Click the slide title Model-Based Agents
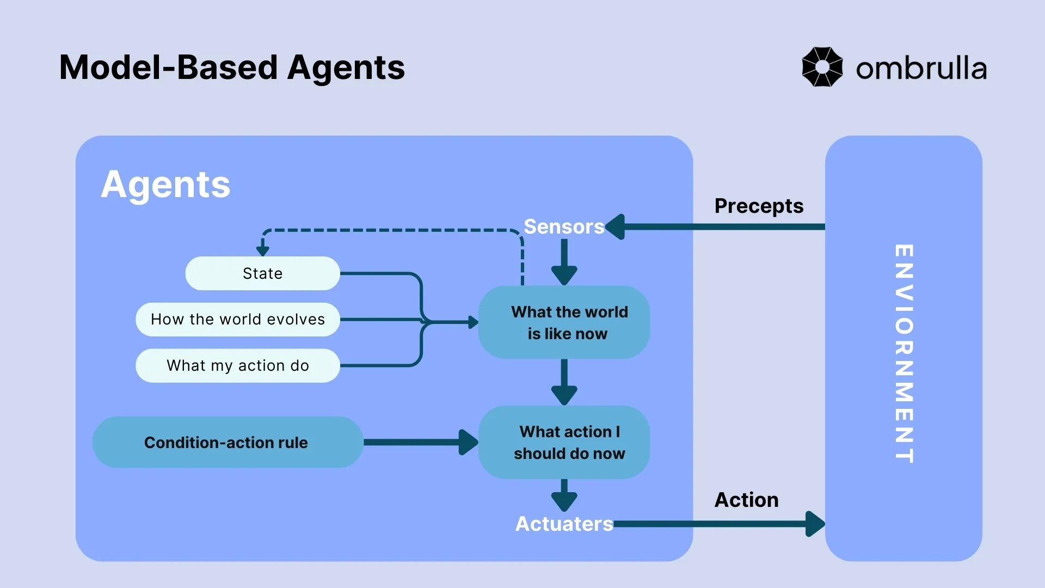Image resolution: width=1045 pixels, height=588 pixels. click(x=232, y=68)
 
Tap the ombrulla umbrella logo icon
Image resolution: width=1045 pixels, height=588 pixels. click(x=822, y=67)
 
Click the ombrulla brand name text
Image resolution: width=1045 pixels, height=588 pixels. click(x=921, y=69)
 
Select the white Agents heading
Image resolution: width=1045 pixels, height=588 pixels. click(x=165, y=185)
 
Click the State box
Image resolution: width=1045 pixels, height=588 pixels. click(x=262, y=273)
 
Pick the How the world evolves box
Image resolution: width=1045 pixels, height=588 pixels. click(x=238, y=320)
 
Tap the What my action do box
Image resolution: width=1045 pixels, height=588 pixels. click(x=238, y=366)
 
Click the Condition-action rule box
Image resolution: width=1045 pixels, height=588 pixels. click(x=227, y=442)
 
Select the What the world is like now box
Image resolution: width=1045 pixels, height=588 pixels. click(x=564, y=322)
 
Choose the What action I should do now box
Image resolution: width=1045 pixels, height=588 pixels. click(x=564, y=442)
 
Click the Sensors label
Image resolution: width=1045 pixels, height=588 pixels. click(x=564, y=226)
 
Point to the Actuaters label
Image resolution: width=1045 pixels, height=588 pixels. click(x=564, y=524)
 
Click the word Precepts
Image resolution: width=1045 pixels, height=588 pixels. click(x=759, y=206)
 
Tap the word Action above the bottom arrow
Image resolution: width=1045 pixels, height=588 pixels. click(x=746, y=500)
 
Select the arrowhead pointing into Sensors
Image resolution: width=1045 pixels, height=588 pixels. click(x=616, y=226)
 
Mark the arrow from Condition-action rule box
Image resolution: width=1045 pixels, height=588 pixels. click(x=419, y=442)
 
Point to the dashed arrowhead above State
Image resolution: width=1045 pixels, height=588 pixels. click(x=263, y=250)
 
